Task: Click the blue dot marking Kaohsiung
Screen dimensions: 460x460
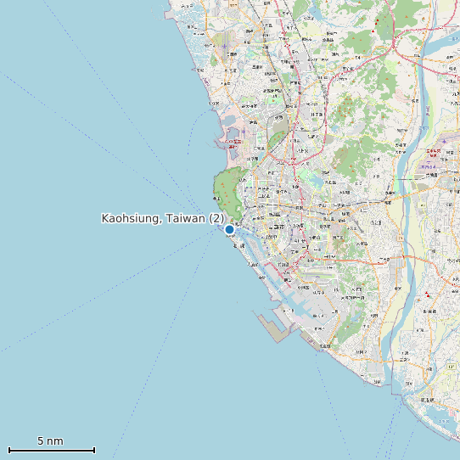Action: click(x=229, y=229)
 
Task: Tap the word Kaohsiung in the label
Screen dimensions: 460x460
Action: click(x=128, y=219)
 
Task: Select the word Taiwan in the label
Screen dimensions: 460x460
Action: click(x=184, y=219)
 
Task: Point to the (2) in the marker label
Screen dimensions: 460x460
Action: click(x=216, y=219)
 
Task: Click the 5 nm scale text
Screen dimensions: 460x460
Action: click(x=50, y=441)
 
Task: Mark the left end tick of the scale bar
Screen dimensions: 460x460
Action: click(x=8, y=450)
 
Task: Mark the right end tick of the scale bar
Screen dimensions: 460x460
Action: click(x=94, y=450)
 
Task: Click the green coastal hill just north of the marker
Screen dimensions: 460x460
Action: click(x=227, y=191)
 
